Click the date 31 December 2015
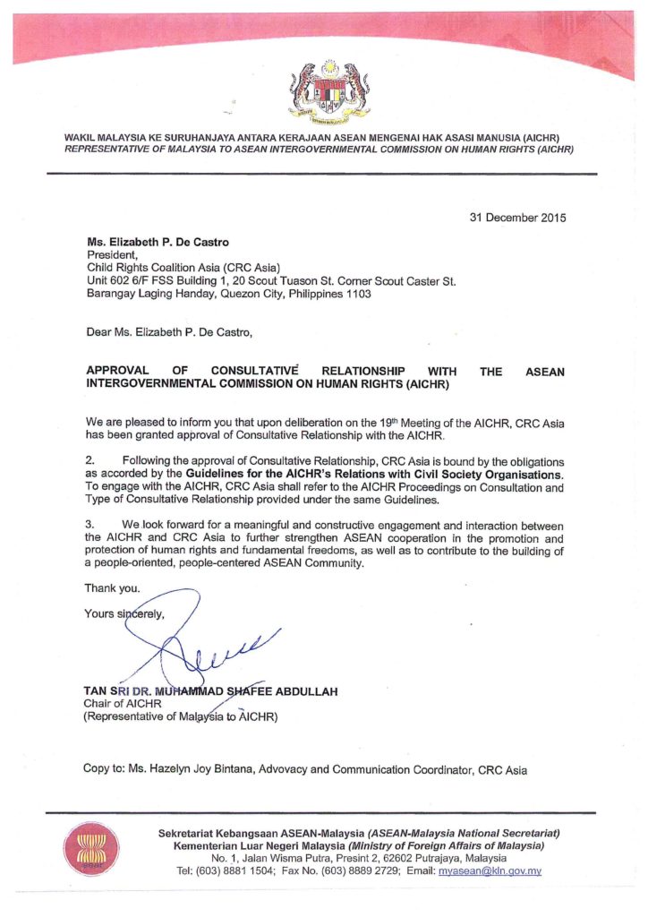tap(517, 218)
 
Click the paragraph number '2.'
tap(90, 459)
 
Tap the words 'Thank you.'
tap(112, 587)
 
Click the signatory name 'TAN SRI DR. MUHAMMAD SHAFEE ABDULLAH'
tap(209, 691)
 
